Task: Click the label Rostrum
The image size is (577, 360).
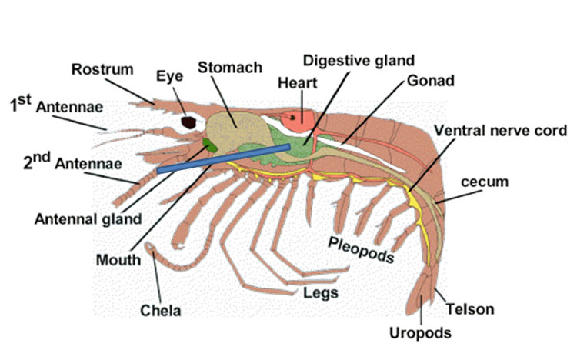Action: pos(103,69)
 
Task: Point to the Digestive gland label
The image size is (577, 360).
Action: pos(359,60)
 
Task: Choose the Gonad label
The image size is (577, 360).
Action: pos(430,80)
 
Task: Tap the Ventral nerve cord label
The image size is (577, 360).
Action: pos(500,130)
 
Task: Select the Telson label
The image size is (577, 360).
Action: pos(470,310)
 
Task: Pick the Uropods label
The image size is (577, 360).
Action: pos(420,332)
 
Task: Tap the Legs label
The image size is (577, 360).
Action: pos(320,293)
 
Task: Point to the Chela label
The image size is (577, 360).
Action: pos(161,311)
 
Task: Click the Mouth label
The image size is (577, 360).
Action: pos(118,259)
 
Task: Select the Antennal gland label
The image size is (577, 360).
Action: pos(88,218)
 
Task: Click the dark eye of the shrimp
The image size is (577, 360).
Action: pos(188,122)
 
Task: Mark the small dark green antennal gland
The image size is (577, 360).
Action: pos(208,144)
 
